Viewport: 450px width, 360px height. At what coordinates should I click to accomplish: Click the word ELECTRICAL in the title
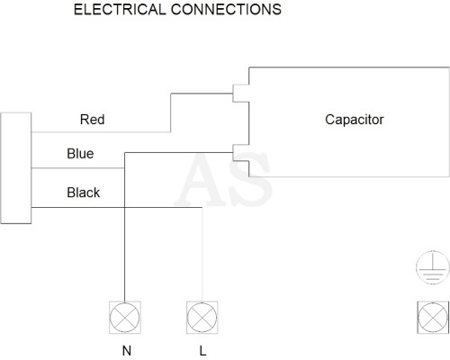tap(120, 9)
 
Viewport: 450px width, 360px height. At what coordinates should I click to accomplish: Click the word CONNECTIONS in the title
tap(226, 9)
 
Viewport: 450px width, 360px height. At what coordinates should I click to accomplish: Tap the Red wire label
tap(92, 120)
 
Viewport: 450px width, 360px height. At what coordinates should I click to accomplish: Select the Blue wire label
tap(80, 154)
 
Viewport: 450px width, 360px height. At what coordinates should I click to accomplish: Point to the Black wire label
tap(83, 193)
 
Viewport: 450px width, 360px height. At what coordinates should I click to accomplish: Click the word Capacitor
tap(355, 120)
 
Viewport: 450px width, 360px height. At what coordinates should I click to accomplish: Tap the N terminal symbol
tap(125, 318)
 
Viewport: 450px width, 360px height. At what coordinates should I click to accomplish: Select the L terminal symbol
tap(202, 318)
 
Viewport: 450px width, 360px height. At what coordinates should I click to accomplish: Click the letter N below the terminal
tap(127, 350)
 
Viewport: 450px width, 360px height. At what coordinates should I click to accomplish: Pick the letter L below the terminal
tap(202, 350)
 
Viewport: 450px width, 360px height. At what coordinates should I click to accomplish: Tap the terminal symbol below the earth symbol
tap(433, 318)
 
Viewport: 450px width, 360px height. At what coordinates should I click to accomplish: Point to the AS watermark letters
tap(223, 179)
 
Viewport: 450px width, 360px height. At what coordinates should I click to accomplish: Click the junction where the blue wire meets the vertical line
tap(124, 168)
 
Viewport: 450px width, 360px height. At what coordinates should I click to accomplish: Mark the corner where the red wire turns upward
tap(171, 131)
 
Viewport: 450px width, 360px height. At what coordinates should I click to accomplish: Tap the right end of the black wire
tap(202, 207)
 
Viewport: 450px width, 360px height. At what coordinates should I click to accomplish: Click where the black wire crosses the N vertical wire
tap(124, 207)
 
